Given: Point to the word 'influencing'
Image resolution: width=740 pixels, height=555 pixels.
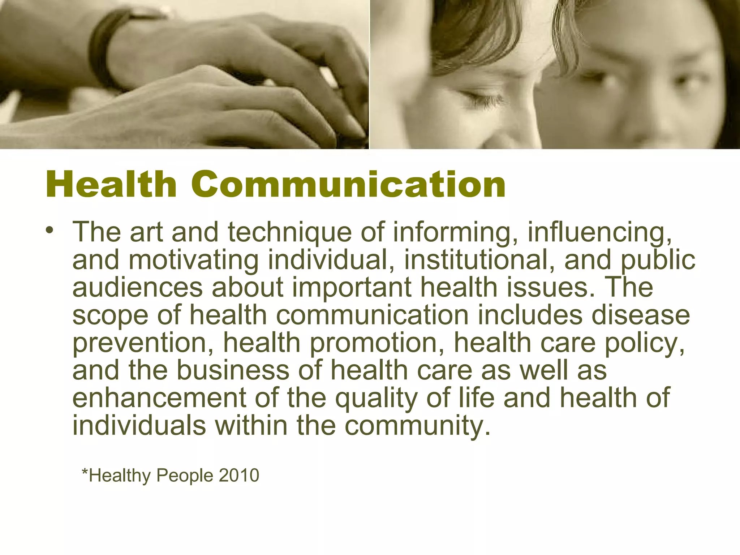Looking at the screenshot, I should click(599, 233).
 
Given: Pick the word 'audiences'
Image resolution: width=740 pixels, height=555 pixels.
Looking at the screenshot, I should click(137, 288).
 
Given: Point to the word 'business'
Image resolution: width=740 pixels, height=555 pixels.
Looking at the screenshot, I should click(233, 371).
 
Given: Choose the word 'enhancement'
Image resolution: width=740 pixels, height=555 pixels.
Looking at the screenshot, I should click(159, 398).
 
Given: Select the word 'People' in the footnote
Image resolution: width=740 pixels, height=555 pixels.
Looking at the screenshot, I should click(185, 476).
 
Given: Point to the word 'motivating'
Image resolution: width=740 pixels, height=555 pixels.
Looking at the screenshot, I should click(193, 260).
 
